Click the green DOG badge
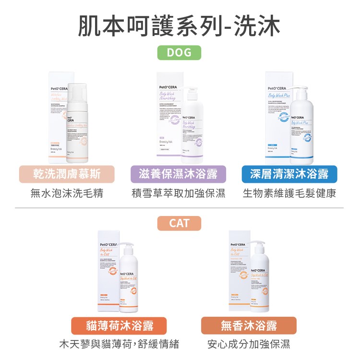[x=179, y=52]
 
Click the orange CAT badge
[x=179, y=223]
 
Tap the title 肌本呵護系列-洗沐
[x=180, y=25]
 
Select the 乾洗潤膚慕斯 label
[x=67, y=174]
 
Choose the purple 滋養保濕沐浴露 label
[x=180, y=174]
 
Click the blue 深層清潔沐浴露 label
[x=289, y=174]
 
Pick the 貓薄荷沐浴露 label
[x=120, y=325]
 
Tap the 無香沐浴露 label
[x=249, y=325]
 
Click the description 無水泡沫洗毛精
[x=67, y=193]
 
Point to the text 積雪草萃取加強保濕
[x=179, y=193]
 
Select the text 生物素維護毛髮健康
[x=289, y=193]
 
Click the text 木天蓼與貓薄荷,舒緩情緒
[x=119, y=344]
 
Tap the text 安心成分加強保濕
[x=249, y=344]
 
